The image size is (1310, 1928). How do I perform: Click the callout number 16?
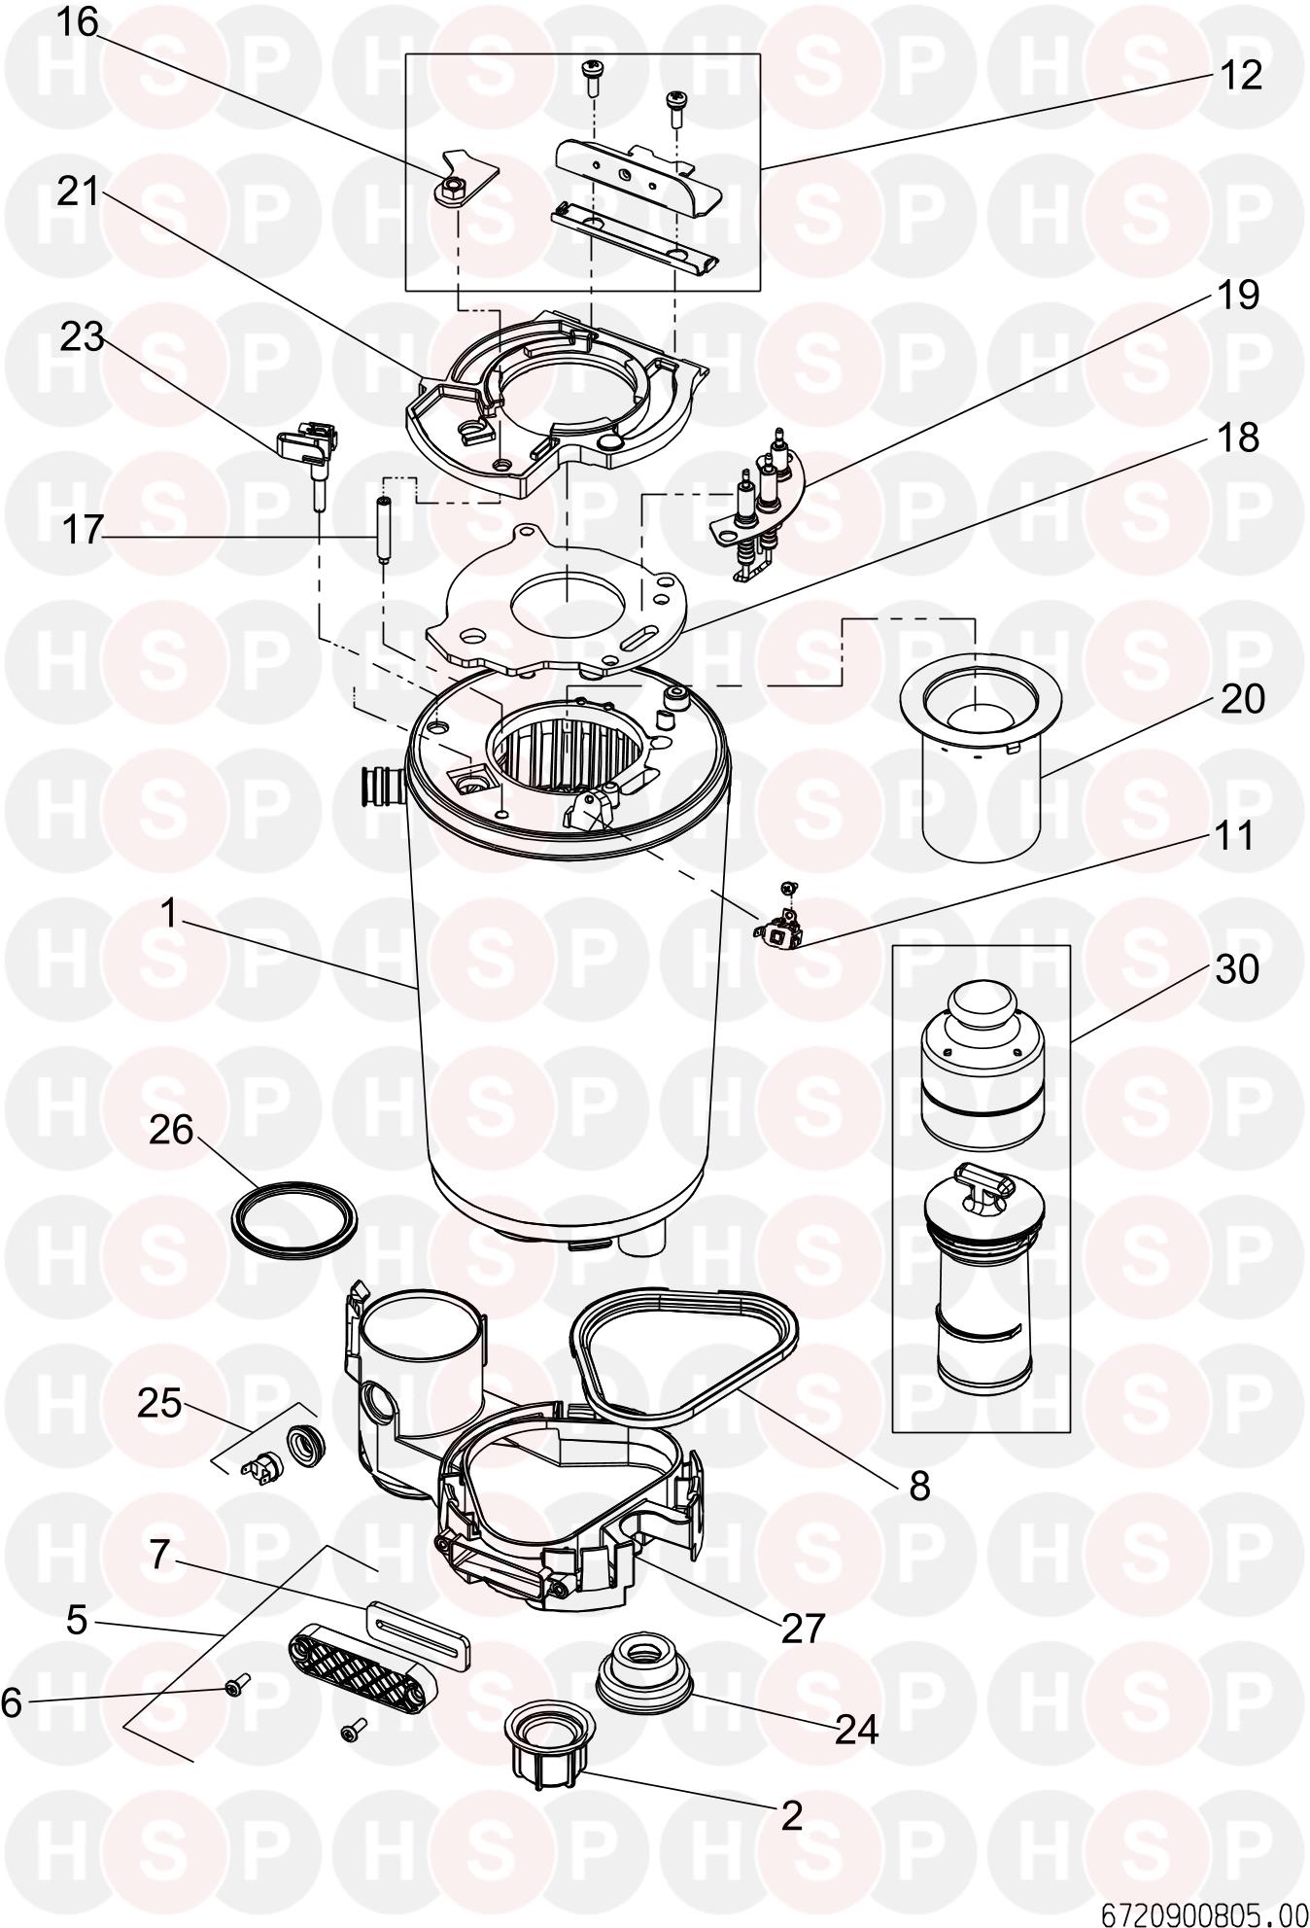tap(76, 22)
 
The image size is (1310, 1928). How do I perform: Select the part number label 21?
tap(78, 192)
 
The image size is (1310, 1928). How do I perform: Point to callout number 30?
tap(1237, 969)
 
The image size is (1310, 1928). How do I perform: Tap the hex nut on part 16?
tap(449, 192)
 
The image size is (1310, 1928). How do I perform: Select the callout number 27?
tap(803, 1627)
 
